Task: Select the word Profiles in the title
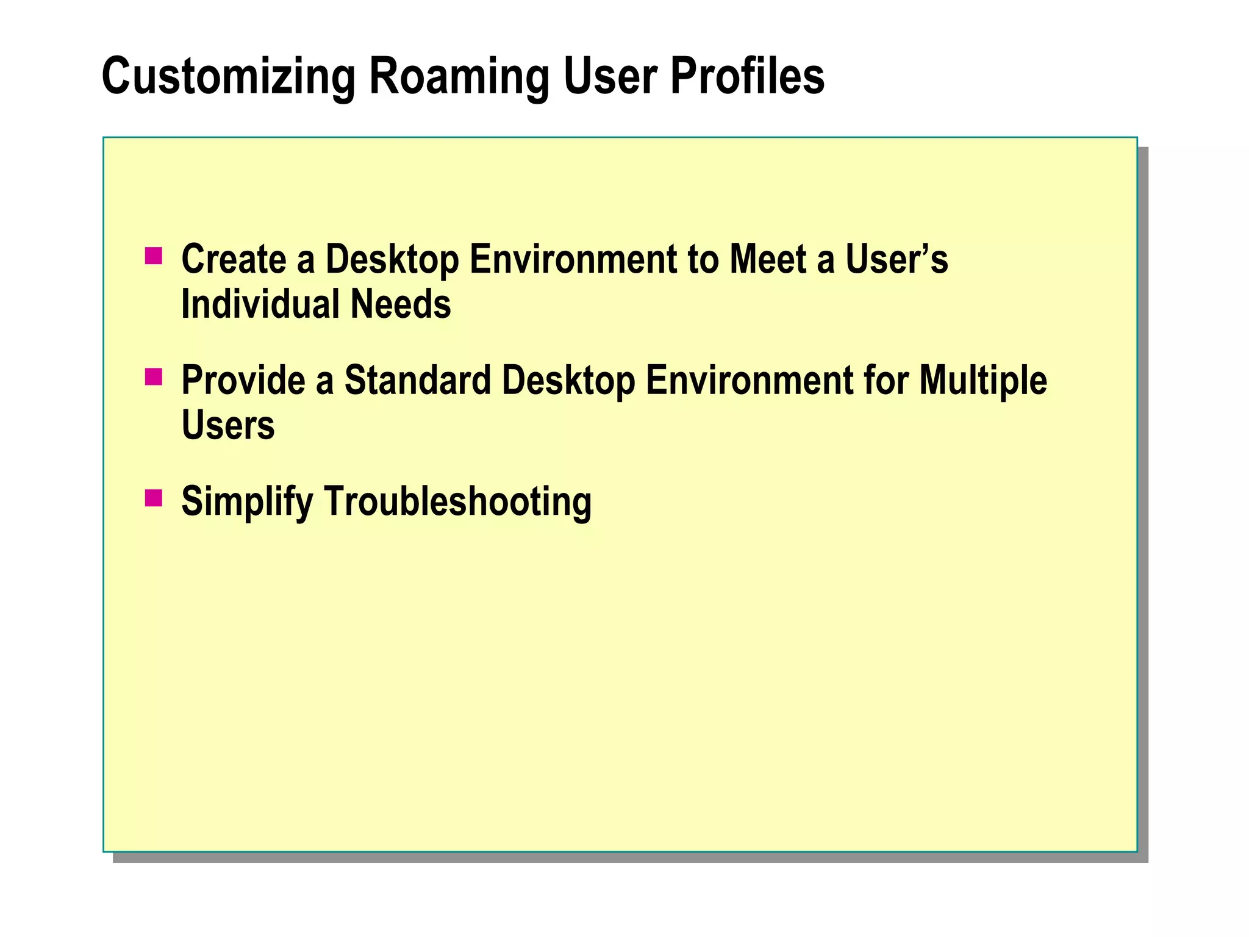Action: pos(747,77)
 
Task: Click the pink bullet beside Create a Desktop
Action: pos(154,256)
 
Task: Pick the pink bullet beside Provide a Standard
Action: pos(154,377)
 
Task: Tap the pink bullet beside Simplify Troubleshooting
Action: pos(154,498)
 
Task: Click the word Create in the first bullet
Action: pos(234,259)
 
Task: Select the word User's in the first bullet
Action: pos(896,259)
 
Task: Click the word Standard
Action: pos(417,381)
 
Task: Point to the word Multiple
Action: pos(982,381)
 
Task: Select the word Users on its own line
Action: pos(228,425)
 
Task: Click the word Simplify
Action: pos(247,502)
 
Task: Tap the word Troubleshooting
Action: pos(457,502)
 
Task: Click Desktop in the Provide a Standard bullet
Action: pos(568,381)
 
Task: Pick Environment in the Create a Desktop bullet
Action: pos(573,259)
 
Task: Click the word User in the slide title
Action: pos(610,77)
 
